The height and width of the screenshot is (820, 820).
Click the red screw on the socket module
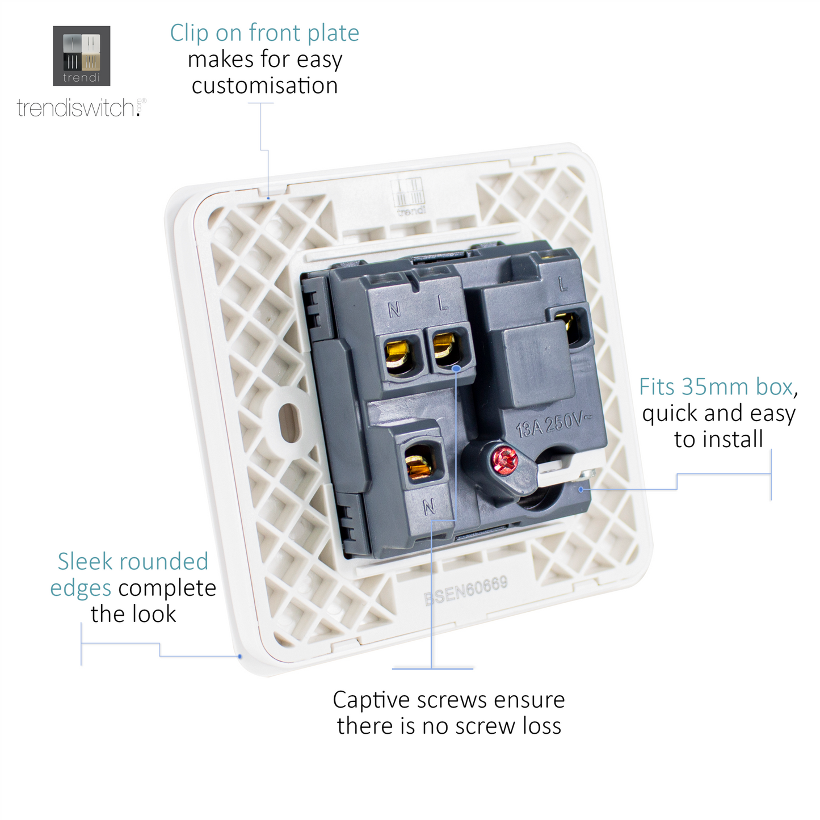505,460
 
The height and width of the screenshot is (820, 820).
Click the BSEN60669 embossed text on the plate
466,591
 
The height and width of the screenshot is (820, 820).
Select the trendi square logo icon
81,56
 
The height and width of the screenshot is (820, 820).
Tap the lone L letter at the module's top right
563,284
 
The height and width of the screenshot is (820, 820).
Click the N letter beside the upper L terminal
394,310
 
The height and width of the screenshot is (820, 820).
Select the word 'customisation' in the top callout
264,86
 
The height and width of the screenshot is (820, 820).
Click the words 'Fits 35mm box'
716,387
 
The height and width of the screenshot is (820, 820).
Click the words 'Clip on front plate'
264,33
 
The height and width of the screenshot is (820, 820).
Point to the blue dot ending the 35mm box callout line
581,490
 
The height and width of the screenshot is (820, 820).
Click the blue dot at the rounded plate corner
239,657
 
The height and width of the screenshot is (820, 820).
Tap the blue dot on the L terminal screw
456,368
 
